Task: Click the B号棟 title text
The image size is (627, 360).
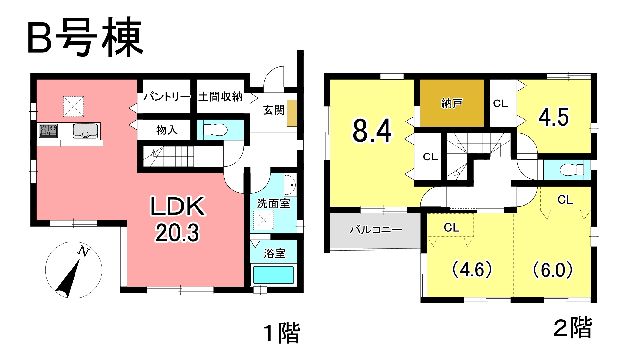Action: click(x=85, y=37)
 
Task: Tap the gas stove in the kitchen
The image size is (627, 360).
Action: click(x=48, y=131)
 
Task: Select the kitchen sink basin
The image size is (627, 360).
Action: click(x=85, y=131)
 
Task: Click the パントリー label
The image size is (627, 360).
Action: click(x=167, y=96)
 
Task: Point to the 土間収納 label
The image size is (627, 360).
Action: click(x=220, y=96)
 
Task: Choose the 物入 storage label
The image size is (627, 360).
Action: click(x=167, y=130)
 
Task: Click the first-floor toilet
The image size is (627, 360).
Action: click(x=215, y=130)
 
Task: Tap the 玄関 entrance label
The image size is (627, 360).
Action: click(x=274, y=110)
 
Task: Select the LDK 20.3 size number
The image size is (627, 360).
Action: click(x=177, y=233)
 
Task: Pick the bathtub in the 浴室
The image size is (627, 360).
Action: click(x=274, y=275)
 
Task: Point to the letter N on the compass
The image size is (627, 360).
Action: click(x=84, y=251)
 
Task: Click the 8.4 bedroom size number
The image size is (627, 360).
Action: click(x=372, y=131)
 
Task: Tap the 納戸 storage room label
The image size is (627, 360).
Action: click(x=452, y=104)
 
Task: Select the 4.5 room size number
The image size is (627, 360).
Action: click(x=554, y=118)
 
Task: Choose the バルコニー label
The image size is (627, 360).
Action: click(x=375, y=230)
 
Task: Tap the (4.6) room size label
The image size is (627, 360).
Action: click(x=472, y=270)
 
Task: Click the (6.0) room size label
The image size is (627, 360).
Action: click(x=553, y=270)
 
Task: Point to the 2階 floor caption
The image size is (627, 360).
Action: click(x=573, y=328)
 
